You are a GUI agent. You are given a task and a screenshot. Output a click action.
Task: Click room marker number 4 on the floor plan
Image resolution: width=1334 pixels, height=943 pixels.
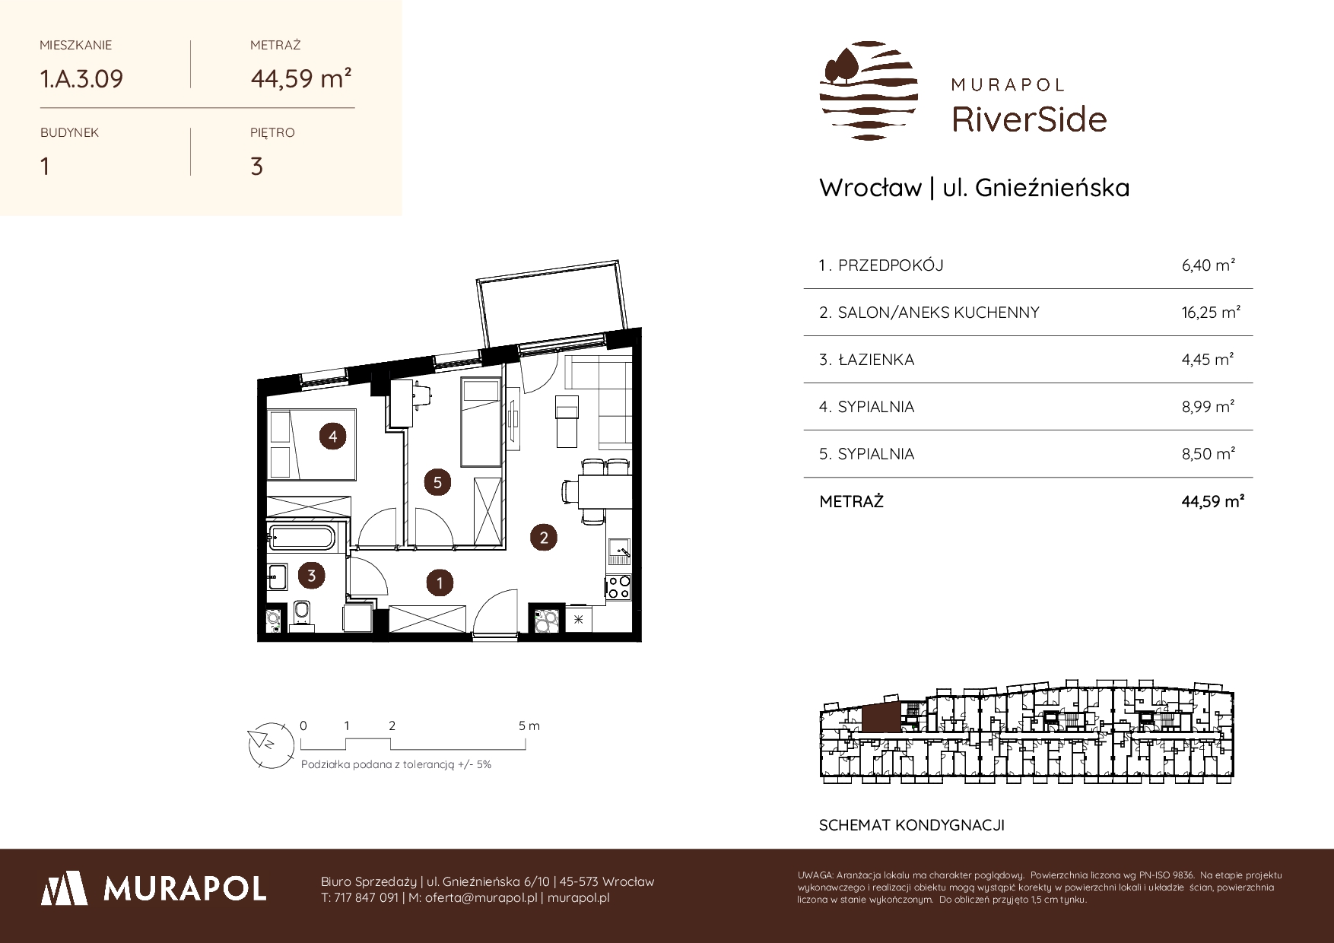click(332, 437)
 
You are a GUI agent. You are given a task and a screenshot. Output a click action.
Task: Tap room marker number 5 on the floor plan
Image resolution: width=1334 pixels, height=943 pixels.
click(437, 482)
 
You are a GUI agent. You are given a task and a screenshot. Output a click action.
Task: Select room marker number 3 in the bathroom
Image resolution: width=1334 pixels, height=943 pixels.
click(312, 576)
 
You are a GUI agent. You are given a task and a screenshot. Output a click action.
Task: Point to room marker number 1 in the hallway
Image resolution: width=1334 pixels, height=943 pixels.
click(440, 583)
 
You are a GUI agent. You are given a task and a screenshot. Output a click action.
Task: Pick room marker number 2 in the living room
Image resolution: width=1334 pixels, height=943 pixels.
click(544, 538)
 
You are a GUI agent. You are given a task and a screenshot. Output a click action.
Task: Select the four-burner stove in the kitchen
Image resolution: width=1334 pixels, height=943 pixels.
click(618, 587)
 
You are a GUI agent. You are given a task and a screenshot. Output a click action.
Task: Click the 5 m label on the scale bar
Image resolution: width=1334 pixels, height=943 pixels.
click(529, 726)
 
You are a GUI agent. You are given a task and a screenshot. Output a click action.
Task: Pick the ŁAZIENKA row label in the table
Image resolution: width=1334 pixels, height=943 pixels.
click(875, 360)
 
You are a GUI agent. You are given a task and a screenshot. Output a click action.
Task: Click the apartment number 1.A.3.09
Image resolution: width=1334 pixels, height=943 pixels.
click(81, 78)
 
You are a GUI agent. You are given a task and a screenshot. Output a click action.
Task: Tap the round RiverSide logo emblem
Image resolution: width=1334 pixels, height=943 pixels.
click(869, 90)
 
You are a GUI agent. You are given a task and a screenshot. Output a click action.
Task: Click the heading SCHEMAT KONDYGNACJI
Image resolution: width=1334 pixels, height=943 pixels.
click(912, 825)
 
